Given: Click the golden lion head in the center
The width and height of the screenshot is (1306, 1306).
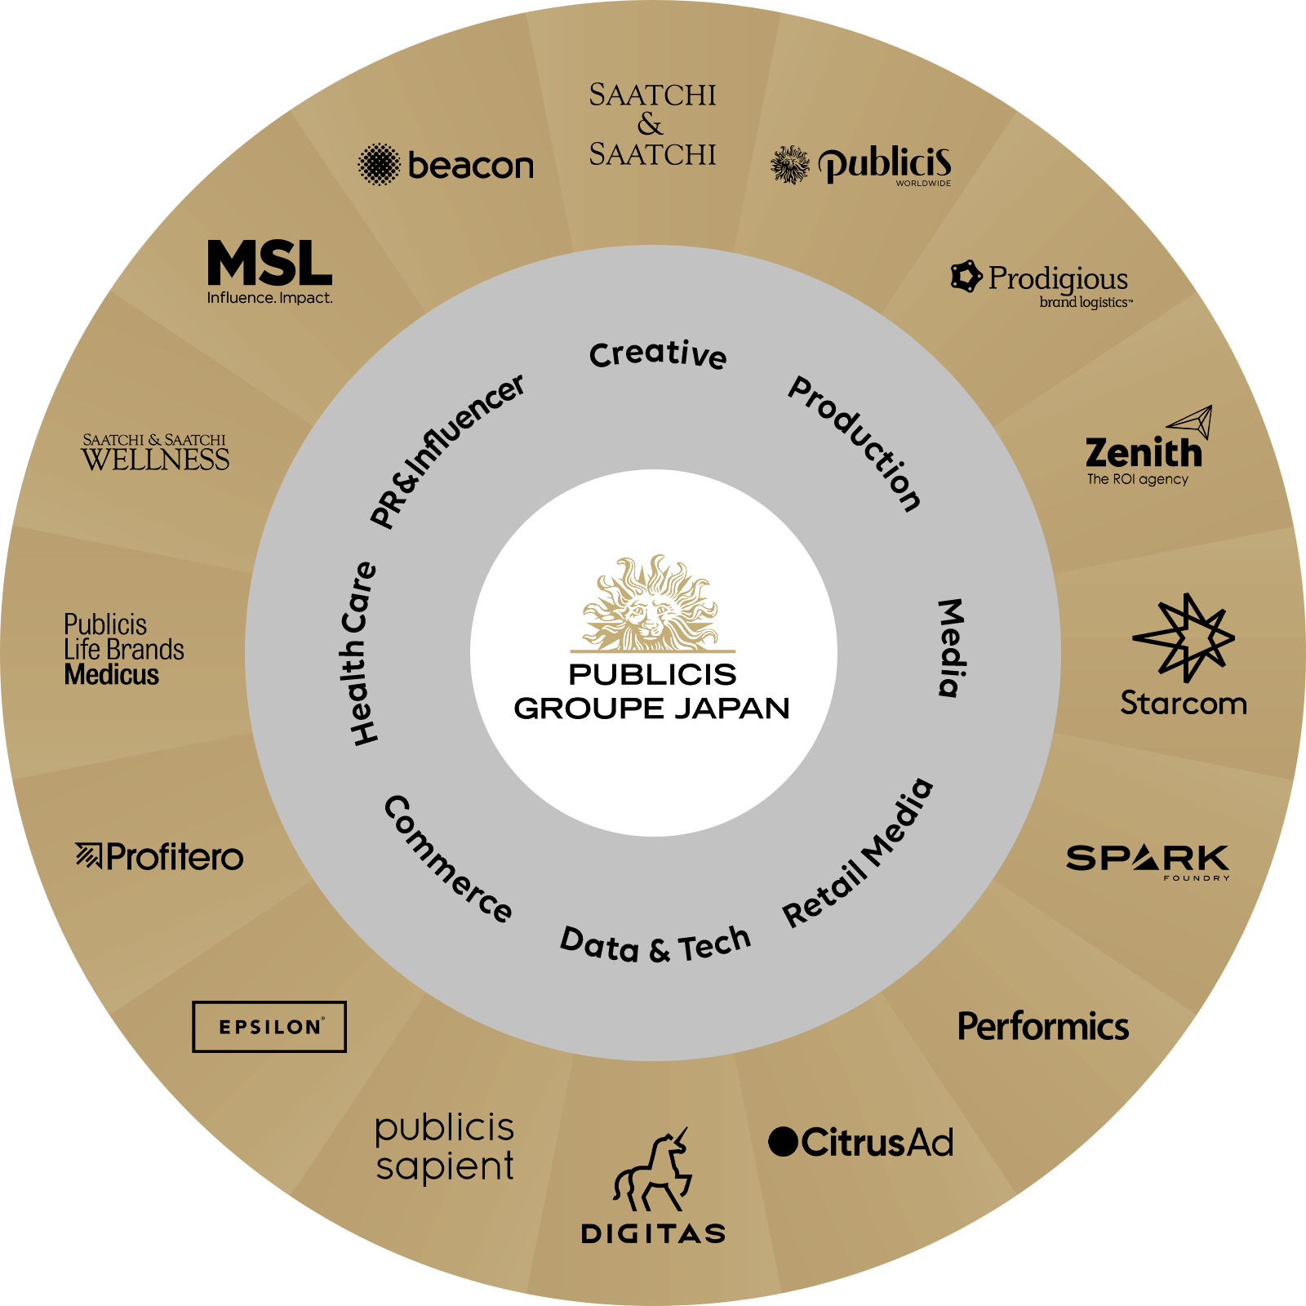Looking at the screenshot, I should pyautogui.click(x=651, y=604).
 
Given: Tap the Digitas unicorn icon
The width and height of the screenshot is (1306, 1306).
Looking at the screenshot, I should pyautogui.click(x=653, y=1171).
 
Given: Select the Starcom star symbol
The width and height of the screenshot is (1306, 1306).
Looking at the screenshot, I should pyautogui.click(x=1184, y=637).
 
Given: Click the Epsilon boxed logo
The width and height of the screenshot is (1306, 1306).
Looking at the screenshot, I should pyautogui.click(x=269, y=1026).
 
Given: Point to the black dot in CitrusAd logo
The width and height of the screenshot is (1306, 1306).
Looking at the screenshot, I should pyautogui.click(x=783, y=1141).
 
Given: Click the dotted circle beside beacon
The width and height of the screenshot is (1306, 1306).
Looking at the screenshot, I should pyautogui.click(x=379, y=165).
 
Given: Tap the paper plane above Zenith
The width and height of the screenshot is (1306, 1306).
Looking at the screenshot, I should pyautogui.click(x=1191, y=421).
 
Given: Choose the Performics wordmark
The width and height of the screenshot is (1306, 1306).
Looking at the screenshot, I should pyautogui.click(x=1043, y=1026).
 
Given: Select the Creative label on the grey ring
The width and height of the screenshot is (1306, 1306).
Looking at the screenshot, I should pyautogui.click(x=658, y=354).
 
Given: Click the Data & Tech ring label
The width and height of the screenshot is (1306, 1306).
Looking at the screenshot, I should pyautogui.click(x=655, y=945).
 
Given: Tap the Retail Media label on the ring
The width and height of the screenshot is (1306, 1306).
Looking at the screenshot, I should pyautogui.click(x=858, y=853).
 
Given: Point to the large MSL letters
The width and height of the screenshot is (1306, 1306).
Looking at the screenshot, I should pyautogui.click(x=269, y=263).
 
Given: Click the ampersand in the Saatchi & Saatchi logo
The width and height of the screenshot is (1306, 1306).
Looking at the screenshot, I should pyautogui.click(x=651, y=124).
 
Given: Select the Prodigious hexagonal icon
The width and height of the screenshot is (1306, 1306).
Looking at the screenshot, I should pyautogui.click(x=966, y=277).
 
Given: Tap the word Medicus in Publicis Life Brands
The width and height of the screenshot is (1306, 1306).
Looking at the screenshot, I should pyautogui.click(x=112, y=675).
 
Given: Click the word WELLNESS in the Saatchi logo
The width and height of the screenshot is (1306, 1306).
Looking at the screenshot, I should pyautogui.click(x=155, y=460).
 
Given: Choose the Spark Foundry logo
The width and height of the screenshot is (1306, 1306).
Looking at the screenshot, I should pyautogui.click(x=1148, y=860).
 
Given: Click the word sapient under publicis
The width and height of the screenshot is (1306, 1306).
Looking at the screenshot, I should pyautogui.click(x=445, y=1166).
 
